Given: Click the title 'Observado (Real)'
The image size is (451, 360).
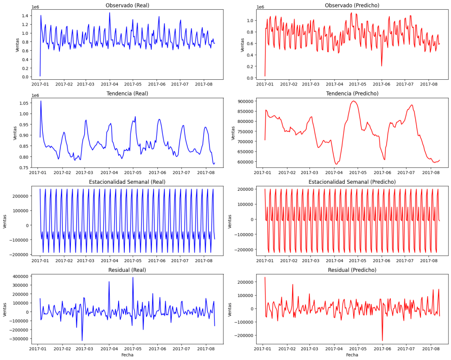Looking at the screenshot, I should [127, 5].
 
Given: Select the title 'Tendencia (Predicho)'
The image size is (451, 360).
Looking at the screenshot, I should [352, 93].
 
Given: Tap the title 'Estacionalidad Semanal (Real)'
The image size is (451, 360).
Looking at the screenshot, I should [127, 182].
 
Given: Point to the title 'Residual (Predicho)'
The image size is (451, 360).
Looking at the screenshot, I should [352, 270].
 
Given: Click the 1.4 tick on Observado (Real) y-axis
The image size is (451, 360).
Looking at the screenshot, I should [25, 15].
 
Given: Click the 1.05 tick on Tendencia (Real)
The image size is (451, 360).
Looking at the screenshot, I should [23, 103].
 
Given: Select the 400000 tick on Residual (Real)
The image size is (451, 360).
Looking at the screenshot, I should [20, 276].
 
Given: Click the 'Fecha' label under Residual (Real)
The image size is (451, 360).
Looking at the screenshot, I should [127, 355].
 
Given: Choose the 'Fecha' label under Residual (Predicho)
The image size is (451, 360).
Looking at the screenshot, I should [352, 355].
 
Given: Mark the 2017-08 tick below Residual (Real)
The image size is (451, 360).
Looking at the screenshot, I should [204, 348].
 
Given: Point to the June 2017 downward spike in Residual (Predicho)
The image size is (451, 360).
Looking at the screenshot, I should [382, 340].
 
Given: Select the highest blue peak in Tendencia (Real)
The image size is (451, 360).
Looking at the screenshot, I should [41, 101].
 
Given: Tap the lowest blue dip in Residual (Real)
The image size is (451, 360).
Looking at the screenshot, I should [82, 340].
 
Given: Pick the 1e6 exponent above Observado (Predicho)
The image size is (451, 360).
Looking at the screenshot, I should [260, 7].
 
